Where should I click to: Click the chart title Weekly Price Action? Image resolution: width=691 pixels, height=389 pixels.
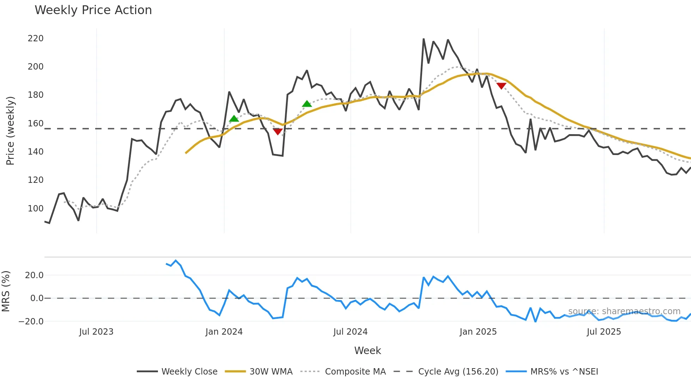(93, 10)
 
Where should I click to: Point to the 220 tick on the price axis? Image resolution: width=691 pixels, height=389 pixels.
(36, 38)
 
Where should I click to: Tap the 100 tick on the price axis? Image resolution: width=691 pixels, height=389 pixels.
(36, 209)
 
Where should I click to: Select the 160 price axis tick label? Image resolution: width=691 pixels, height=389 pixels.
(36, 124)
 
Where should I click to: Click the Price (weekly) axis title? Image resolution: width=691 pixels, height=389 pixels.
(10, 131)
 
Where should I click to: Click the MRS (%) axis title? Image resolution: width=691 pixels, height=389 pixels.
(6, 291)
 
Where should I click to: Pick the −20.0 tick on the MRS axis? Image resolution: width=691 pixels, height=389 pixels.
(31, 322)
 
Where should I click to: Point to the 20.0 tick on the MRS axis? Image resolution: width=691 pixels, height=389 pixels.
(34, 275)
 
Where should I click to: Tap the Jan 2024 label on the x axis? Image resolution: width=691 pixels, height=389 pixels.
(224, 332)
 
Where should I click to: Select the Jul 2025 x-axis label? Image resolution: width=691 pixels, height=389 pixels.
(604, 332)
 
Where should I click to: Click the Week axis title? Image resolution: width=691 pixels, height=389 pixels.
(367, 351)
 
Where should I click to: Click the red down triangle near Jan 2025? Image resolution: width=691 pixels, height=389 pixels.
(501, 86)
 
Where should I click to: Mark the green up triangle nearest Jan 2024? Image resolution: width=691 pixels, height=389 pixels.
(234, 119)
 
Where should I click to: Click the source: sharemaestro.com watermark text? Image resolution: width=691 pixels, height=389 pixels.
(624, 311)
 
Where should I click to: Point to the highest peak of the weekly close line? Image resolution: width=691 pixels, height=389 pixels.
(423, 39)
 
